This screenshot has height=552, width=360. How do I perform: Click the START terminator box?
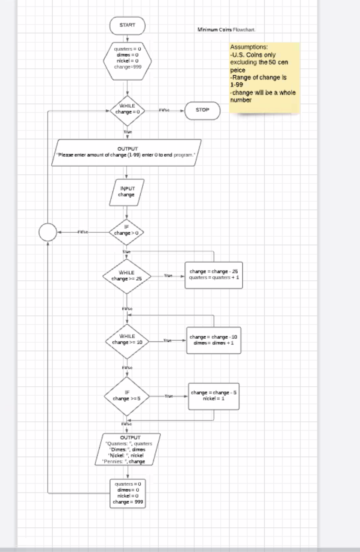(127, 25)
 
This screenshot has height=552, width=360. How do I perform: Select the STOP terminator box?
(202, 110)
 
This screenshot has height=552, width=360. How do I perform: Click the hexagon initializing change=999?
(127, 58)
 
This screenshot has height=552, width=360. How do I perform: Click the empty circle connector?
(47, 232)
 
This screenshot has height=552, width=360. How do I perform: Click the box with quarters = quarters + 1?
(214, 275)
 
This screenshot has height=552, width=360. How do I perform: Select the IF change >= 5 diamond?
(127, 396)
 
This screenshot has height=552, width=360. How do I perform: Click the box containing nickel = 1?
(214, 396)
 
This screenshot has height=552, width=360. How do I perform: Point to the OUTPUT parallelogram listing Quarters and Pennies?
(127, 449)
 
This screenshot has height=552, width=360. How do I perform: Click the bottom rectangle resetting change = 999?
(127, 493)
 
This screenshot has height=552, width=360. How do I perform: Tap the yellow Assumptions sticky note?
(265, 77)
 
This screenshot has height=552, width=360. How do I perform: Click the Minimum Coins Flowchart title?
(229, 30)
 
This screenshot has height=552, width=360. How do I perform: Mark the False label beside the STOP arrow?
(164, 110)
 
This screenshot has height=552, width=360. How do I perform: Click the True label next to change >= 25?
(168, 276)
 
